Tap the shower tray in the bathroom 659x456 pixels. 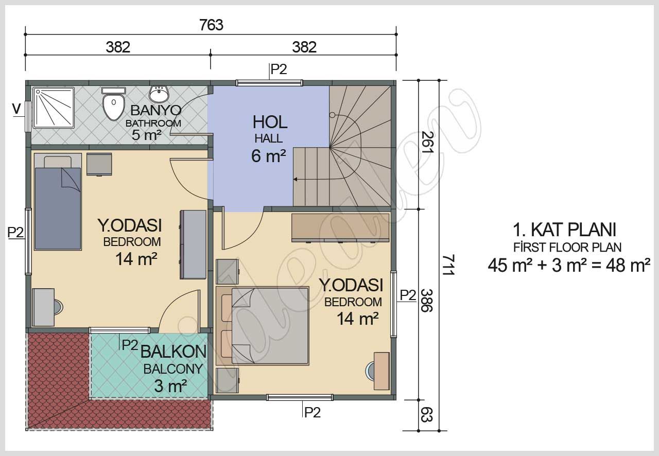(x=54, y=108)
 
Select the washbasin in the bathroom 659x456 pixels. (x=159, y=94)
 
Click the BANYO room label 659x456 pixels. (x=155, y=110)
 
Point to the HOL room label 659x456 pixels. (x=269, y=122)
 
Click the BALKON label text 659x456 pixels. (x=173, y=352)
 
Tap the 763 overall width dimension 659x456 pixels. (x=211, y=25)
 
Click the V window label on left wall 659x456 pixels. (x=16, y=109)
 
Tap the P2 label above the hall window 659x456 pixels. (x=279, y=69)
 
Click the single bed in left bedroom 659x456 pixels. (x=57, y=202)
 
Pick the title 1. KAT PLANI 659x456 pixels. (x=564, y=229)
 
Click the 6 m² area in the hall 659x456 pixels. (x=268, y=155)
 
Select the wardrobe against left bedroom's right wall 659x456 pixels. (x=194, y=245)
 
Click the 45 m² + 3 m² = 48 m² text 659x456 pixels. (x=568, y=266)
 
